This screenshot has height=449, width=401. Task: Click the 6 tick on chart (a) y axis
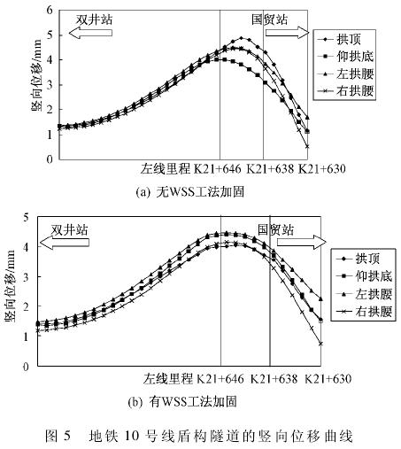(50, 11)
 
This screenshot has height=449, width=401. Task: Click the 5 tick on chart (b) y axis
(27, 218)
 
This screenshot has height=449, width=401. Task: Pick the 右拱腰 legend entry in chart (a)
(345, 91)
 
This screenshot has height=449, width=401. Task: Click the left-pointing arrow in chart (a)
(90, 33)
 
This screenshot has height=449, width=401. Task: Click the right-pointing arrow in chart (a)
(287, 33)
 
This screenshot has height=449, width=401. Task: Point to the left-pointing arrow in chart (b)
(65, 243)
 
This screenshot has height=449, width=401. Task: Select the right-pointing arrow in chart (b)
(302, 242)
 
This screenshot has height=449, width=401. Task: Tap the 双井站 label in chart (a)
(95, 19)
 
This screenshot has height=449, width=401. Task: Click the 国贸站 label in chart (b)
(276, 229)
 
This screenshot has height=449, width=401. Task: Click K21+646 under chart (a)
(217, 169)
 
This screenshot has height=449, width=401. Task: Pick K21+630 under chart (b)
(328, 378)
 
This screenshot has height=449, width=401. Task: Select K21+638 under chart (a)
(270, 169)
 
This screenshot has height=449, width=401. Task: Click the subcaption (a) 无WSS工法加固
(190, 192)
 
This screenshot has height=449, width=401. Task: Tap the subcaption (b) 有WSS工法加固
(182, 402)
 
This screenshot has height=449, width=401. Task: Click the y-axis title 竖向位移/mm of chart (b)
(10, 286)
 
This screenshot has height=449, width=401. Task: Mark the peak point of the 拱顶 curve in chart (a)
(242, 38)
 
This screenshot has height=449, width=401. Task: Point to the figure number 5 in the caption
(67, 436)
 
